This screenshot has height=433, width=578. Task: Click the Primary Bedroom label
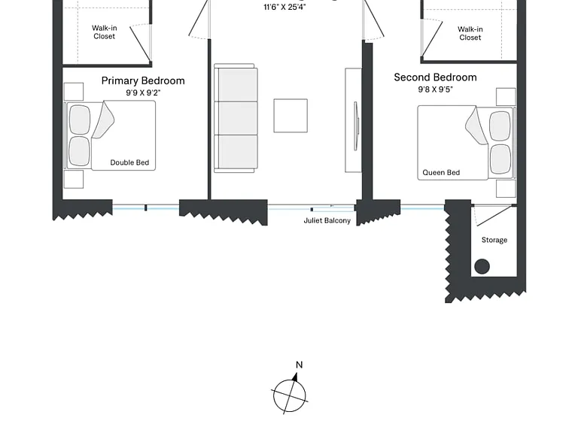(x=143, y=81)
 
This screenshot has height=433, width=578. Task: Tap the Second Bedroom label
(x=435, y=77)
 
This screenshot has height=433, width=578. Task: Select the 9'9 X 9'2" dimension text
(x=143, y=92)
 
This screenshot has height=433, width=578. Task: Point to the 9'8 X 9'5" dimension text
(x=435, y=89)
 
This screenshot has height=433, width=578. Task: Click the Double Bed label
(x=129, y=162)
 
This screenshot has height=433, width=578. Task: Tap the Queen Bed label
(x=441, y=172)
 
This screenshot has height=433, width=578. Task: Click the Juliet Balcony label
(x=327, y=220)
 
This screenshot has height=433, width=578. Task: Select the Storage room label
(x=494, y=240)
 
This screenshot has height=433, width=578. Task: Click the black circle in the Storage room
(x=482, y=266)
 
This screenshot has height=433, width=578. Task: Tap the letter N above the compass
(x=299, y=365)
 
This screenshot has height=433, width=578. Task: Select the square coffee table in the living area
(x=291, y=116)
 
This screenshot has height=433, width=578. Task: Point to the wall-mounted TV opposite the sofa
(x=356, y=126)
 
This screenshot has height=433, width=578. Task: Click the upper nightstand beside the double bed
(x=74, y=92)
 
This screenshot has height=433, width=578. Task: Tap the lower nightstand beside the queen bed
(x=506, y=189)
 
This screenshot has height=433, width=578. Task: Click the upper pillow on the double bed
(x=80, y=120)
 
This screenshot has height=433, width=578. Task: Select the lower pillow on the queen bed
(x=500, y=159)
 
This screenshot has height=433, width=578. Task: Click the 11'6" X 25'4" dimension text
(x=284, y=7)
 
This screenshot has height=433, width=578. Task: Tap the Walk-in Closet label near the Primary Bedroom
(x=105, y=32)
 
